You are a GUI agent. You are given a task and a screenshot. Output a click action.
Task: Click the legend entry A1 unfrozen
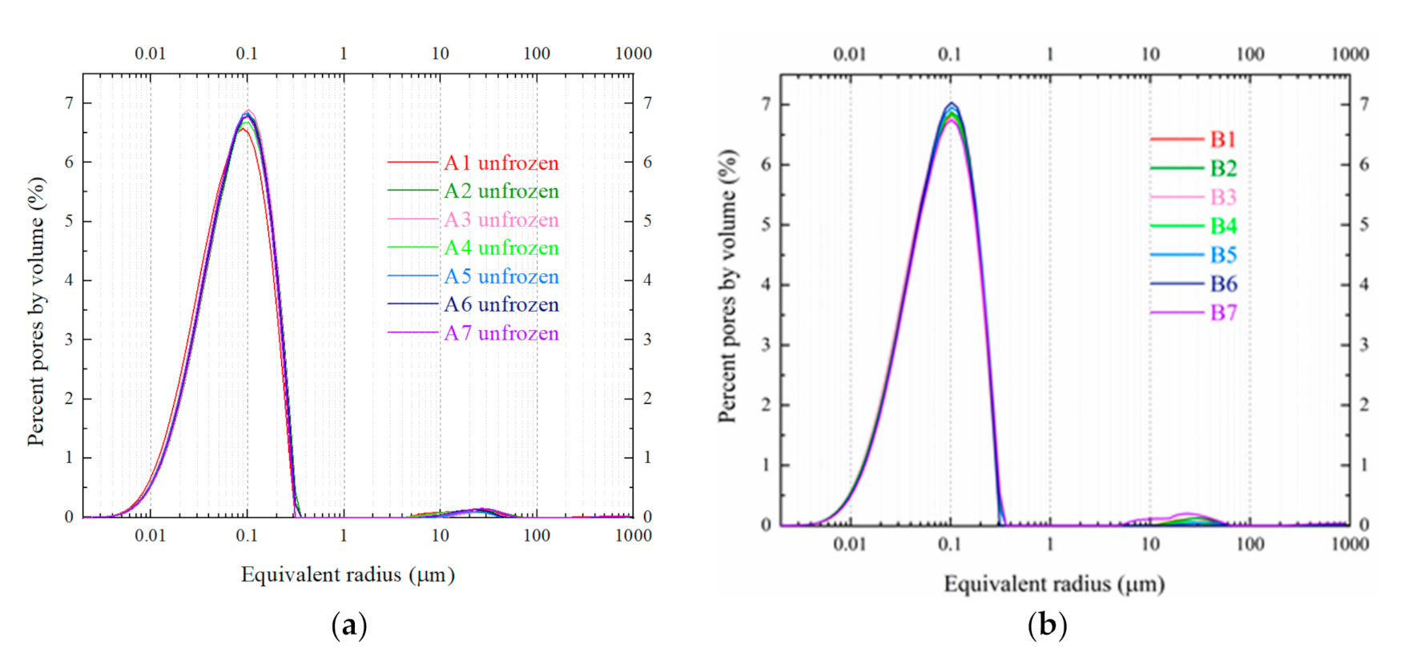(501, 163)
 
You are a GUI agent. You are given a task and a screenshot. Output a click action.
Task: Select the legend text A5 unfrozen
(501, 277)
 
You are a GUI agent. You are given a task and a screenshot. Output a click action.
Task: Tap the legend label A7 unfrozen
(501, 334)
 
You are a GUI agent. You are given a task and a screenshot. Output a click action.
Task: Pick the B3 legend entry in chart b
(1223, 198)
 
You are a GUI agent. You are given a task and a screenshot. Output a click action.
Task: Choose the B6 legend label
(1223, 284)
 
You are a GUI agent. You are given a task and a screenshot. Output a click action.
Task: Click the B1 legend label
(1223, 140)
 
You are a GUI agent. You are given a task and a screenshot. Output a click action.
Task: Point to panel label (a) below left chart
(348, 625)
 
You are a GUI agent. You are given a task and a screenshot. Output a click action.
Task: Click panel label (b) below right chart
(1047, 625)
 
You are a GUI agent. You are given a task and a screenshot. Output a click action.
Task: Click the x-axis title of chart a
(348, 575)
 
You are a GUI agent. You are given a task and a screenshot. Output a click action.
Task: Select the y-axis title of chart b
(727, 286)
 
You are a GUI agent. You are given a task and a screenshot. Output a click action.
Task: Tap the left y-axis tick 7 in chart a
(70, 103)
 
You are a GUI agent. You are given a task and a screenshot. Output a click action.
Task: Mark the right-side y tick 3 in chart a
(647, 340)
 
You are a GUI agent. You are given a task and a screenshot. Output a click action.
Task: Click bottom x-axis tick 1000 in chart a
(633, 536)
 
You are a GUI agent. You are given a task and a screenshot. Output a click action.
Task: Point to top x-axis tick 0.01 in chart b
(849, 54)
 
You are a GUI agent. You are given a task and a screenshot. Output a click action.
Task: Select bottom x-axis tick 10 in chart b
(1150, 545)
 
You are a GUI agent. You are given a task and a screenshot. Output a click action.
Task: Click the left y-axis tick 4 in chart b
(767, 285)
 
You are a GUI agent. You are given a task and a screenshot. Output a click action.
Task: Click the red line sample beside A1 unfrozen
(413, 163)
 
